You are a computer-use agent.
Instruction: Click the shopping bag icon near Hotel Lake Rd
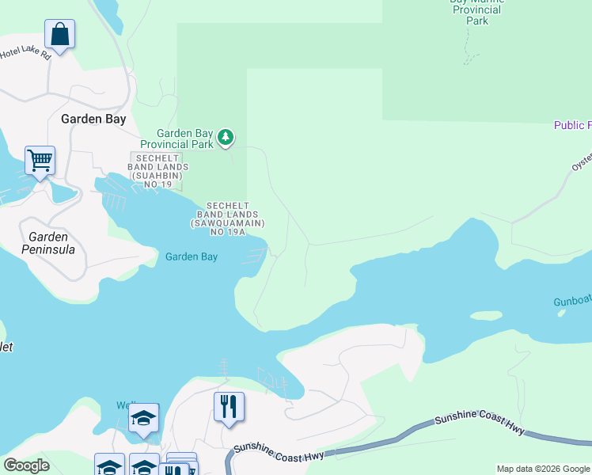(x=59, y=34)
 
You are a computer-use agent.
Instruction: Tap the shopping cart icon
(x=40, y=161)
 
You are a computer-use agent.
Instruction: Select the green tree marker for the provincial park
(x=226, y=138)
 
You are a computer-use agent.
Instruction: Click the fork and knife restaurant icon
(x=229, y=407)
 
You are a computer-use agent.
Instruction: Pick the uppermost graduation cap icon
(x=143, y=418)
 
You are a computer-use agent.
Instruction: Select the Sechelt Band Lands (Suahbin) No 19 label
(x=159, y=173)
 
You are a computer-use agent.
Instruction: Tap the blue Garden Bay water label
(x=192, y=256)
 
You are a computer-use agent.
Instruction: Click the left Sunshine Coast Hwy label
(x=278, y=453)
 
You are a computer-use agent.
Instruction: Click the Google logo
(x=26, y=465)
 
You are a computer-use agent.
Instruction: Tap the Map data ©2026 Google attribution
(x=542, y=469)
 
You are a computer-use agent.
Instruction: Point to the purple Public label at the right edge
(x=572, y=125)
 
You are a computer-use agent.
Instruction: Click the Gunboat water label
(x=572, y=303)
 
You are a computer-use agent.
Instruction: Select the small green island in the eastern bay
(x=486, y=315)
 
